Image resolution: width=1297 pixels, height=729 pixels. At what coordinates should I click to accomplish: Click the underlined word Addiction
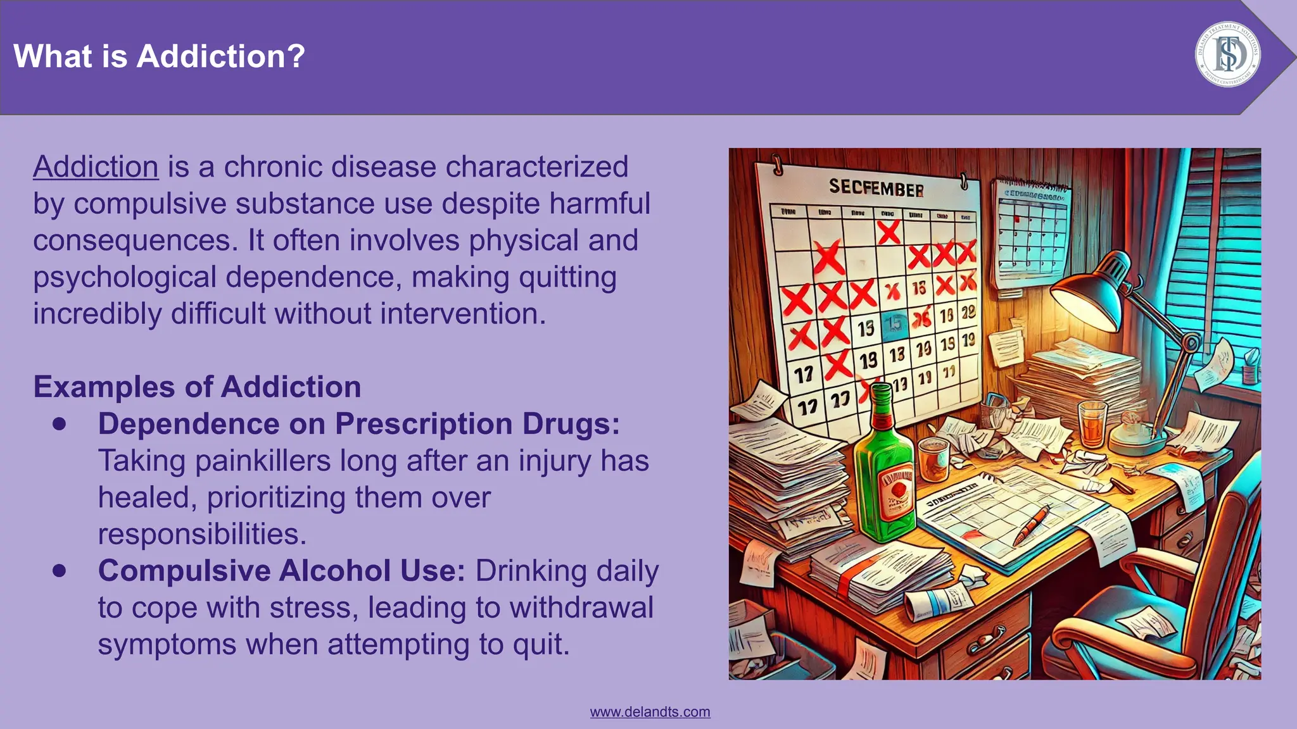coord(96,167)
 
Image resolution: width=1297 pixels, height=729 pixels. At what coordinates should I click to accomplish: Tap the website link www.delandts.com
coord(650,712)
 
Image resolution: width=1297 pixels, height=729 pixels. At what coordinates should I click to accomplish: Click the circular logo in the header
coord(1227,54)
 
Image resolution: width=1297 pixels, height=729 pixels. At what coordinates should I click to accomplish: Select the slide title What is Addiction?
coord(159,56)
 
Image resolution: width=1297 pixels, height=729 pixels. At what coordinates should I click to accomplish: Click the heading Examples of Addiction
coord(197,387)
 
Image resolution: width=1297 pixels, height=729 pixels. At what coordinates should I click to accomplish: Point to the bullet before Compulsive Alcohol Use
coord(60,571)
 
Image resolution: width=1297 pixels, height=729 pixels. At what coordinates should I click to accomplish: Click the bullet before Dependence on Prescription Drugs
coord(60,424)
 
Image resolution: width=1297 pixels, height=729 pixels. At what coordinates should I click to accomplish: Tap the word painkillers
coord(262,461)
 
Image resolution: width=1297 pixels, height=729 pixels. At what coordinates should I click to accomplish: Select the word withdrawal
coord(581,607)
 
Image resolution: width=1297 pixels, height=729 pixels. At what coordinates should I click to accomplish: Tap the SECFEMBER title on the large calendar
coord(876,187)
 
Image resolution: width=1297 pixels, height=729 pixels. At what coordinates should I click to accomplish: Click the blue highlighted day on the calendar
coord(894,324)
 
